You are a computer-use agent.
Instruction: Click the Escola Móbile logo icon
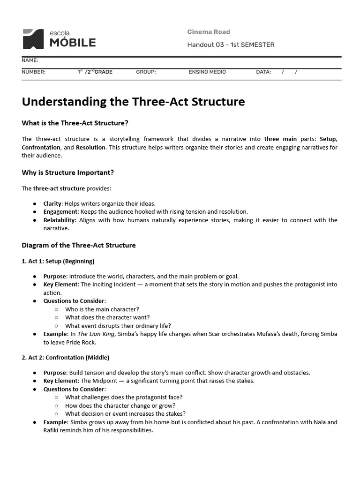pyautogui.click(x=32, y=39)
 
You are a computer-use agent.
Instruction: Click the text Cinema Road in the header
pyautogui.click(x=209, y=32)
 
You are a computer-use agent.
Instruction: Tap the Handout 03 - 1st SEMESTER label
pyautogui.click(x=231, y=45)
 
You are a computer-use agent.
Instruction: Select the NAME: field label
pyautogui.click(x=30, y=60)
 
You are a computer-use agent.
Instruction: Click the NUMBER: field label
pyautogui.click(x=33, y=72)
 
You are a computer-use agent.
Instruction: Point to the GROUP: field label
pyautogui.click(x=146, y=72)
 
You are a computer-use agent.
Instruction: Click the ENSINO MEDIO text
pyautogui.click(x=207, y=72)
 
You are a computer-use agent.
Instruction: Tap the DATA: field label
pyautogui.click(x=263, y=72)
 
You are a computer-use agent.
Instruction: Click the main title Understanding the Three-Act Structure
pyautogui.click(x=133, y=102)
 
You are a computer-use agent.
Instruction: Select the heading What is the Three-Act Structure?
pyautogui.click(x=75, y=123)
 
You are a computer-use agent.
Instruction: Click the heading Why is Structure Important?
pyautogui.click(x=67, y=172)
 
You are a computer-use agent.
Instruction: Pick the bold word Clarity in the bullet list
pyautogui.click(x=52, y=203)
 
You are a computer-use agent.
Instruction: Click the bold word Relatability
pyautogui.click(x=59, y=220)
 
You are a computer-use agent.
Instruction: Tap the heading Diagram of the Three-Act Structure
pyautogui.click(x=79, y=245)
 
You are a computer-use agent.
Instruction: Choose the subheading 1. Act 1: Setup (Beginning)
pyautogui.click(x=58, y=261)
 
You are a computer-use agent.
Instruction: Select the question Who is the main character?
pyautogui.click(x=102, y=309)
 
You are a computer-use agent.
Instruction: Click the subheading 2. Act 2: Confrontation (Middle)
pyautogui.click(x=66, y=358)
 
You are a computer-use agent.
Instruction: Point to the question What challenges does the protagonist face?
pyautogui.click(x=124, y=397)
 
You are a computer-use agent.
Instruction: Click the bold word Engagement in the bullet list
pyautogui.click(x=60, y=212)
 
